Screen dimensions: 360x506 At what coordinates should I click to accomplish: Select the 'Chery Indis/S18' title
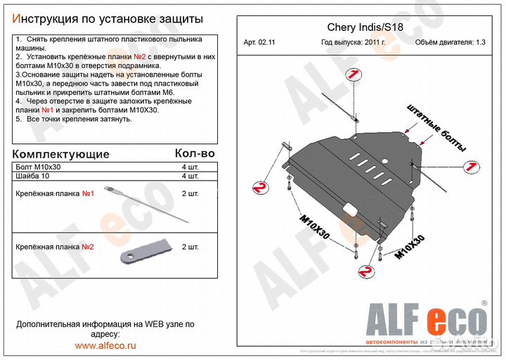(365, 28)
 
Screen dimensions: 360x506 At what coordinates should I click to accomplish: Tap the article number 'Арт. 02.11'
(260, 42)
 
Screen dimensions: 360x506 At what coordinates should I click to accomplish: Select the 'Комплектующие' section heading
(62, 154)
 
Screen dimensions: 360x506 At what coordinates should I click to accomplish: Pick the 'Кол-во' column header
(194, 153)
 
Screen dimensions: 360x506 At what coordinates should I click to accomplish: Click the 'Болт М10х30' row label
(38, 167)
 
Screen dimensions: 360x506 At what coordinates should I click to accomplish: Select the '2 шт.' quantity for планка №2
(190, 247)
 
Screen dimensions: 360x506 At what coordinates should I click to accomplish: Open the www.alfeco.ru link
(105, 345)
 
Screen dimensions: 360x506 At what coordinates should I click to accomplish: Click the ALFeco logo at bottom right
(426, 320)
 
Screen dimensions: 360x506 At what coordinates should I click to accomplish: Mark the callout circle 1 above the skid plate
(349, 75)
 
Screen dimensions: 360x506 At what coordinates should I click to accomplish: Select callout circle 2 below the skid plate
(365, 271)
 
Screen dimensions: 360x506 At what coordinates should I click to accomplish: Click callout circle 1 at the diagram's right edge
(472, 167)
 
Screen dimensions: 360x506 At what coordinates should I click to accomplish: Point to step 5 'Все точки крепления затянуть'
(74, 119)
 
